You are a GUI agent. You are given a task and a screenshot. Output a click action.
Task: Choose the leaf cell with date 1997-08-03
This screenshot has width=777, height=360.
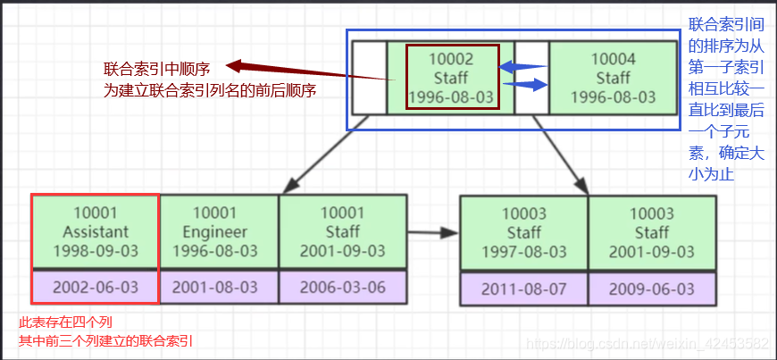click(522, 232)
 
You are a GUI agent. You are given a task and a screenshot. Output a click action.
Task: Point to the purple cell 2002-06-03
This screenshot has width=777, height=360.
click(95, 288)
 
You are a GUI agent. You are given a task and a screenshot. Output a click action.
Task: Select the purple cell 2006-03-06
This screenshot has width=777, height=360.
click(343, 288)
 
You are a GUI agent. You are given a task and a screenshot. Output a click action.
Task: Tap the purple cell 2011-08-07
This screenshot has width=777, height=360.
click(522, 289)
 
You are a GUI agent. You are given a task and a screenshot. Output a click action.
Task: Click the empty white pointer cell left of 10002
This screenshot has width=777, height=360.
click(369, 79)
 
